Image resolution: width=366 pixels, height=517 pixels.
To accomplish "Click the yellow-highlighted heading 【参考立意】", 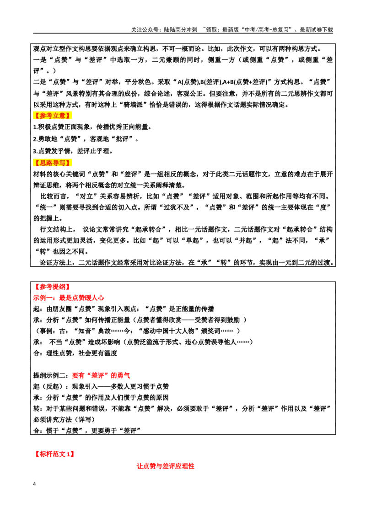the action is pos(52,116).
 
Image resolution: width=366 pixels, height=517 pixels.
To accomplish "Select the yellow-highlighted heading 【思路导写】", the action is pos(52,163).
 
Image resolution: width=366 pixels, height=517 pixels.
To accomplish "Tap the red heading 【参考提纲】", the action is pos(52,287).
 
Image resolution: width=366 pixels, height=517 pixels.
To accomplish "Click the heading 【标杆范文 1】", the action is pos(54,454).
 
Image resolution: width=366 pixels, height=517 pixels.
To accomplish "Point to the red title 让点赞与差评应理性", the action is pos(166,466).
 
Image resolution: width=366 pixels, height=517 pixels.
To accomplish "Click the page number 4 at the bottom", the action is pos(34,484).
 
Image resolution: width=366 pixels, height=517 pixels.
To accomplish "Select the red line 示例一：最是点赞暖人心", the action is pos(68,298).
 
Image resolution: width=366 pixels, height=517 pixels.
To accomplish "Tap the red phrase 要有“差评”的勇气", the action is pos(101,375).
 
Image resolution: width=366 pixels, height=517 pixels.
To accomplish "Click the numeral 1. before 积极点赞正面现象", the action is pos(35,127).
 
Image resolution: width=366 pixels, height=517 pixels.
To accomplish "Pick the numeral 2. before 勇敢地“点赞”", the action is pos(35,139).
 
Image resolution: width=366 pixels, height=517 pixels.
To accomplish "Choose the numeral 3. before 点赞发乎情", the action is pos(35,151).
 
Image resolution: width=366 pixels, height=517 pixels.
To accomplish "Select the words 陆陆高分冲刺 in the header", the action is pos(181,30).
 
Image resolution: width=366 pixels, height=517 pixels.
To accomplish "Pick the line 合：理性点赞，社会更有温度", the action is pos(75,353).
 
